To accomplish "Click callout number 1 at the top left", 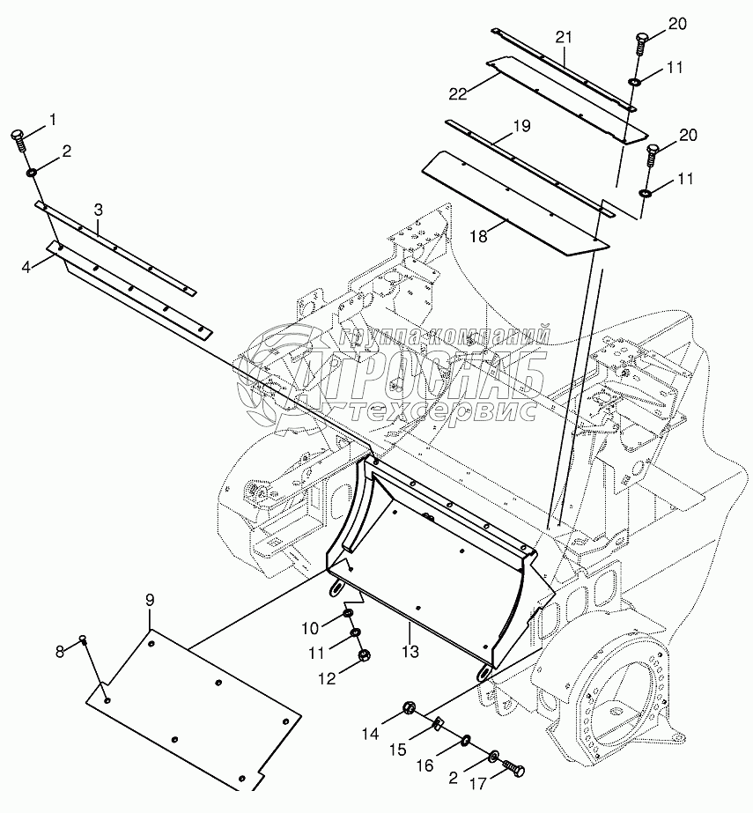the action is (x=52, y=120).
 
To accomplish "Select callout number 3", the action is (x=99, y=210).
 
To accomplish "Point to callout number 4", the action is (x=26, y=267).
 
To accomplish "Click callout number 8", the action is (x=60, y=651).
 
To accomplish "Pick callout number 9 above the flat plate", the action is (x=150, y=600).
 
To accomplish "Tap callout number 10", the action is (x=310, y=628).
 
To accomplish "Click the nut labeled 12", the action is (x=364, y=654).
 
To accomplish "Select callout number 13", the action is (x=410, y=651).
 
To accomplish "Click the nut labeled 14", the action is (x=409, y=707).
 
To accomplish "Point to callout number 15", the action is (x=398, y=750).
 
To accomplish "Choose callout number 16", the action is (x=424, y=765).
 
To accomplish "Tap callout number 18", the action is (x=479, y=236).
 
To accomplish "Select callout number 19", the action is (x=522, y=126).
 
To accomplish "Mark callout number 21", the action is (x=564, y=37).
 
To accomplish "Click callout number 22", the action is (x=459, y=94).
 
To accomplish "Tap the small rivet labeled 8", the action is (x=82, y=639).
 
